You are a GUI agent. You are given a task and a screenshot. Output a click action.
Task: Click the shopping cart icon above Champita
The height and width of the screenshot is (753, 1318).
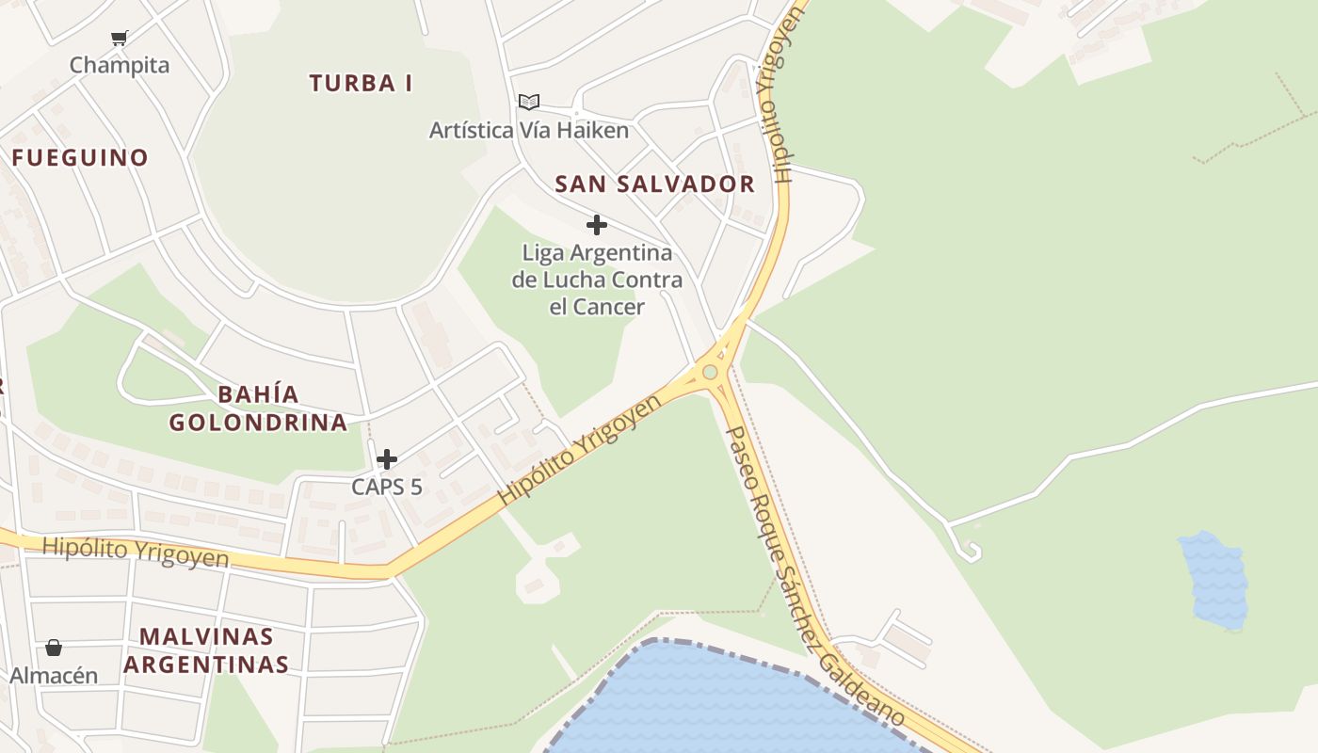(x=119, y=38)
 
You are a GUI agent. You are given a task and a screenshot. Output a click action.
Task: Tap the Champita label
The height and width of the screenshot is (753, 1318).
(x=120, y=65)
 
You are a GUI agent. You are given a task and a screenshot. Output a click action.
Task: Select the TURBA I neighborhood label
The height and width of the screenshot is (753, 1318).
(x=361, y=83)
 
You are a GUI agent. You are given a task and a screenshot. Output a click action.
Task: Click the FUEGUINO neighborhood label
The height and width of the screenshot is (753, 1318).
(x=80, y=157)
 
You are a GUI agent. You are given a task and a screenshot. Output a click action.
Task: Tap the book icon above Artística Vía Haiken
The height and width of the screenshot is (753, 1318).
(x=529, y=102)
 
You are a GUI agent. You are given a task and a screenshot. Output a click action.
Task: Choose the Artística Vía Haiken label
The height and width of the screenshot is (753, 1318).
(x=529, y=130)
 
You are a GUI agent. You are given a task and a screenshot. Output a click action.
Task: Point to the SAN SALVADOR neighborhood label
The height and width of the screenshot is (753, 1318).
(x=655, y=184)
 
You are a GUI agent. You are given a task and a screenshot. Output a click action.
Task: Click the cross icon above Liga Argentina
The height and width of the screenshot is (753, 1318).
(x=596, y=225)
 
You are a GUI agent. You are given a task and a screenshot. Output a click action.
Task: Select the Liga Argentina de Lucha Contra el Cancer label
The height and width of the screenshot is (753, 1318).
(x=597, y=280)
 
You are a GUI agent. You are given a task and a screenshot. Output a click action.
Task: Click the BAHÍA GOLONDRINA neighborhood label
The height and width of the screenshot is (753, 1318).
(x=258, y=408)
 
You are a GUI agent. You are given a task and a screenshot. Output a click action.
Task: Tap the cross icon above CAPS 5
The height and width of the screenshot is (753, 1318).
(x=387, y=459)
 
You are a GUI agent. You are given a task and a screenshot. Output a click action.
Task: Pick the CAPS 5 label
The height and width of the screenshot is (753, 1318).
(x=387, y=487)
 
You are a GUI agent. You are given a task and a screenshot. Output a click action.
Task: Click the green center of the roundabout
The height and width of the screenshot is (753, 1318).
(x=710, y=372)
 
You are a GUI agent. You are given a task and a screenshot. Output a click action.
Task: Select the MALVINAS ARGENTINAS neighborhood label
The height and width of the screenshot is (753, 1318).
(x=206, y=650)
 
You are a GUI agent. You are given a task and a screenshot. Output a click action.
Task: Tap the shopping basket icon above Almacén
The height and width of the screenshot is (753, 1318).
(x=54, y=648)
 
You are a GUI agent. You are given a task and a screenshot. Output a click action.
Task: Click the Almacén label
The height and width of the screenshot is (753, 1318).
(x=54, y=675)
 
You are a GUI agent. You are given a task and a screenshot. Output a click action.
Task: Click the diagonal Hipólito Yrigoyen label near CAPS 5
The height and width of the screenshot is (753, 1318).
(x=580, y=448)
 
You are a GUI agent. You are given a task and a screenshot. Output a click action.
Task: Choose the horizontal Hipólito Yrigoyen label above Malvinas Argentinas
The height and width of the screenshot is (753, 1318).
(x=136, y=552)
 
